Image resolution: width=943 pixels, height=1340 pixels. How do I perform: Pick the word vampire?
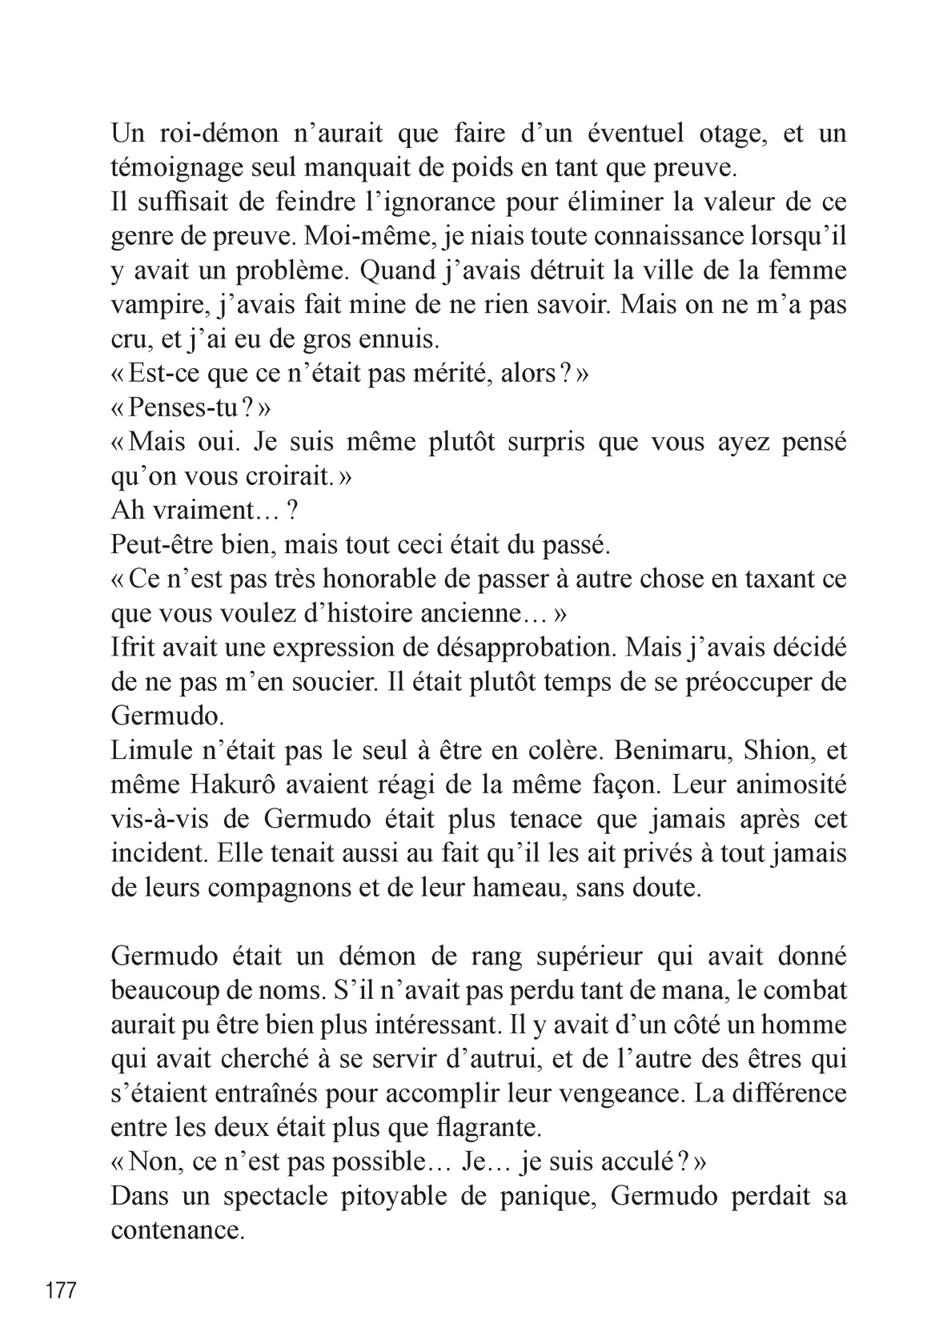point(155,306)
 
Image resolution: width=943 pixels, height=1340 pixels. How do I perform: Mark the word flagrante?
point(489,1128)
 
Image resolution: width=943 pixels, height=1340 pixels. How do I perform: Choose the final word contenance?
point(176,1230)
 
